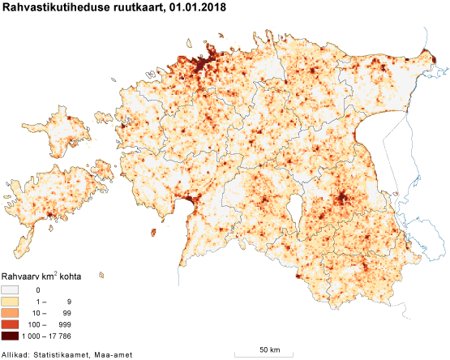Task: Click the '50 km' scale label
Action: [270, 349]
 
